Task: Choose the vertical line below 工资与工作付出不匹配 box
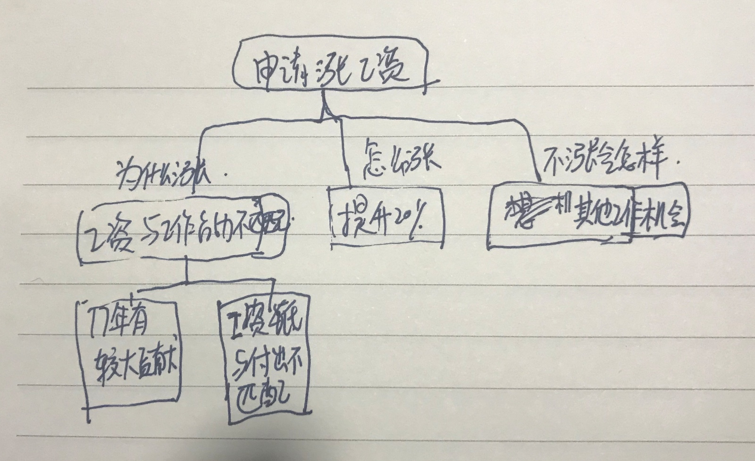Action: pyautogui.click(x=187, y=271)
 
